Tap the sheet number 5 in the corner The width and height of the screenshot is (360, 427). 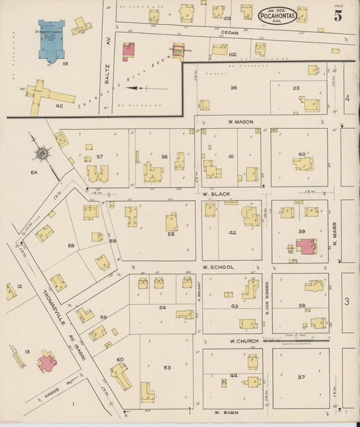tap(337, 16)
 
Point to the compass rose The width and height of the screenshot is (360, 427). tap(42, 153)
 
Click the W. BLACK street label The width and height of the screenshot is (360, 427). tap(216, 194)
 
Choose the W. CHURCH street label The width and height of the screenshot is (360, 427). tap(242, 341)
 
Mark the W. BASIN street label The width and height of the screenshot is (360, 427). tap(228, 411)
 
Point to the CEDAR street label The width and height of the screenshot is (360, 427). tap(230, 31)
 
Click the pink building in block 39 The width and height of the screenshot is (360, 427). tap(305, 245)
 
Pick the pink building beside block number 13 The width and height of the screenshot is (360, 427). tap(48, 363)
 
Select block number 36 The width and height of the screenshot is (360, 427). tap(234, 88)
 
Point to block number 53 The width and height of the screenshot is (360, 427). tap(167, 368)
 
